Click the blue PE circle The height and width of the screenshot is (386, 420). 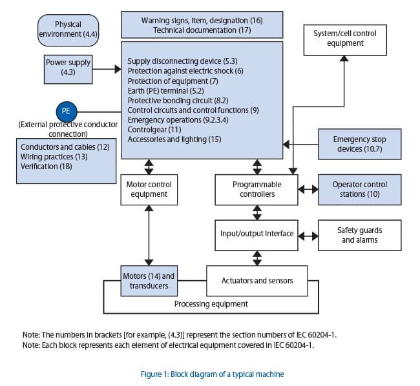coord(67,112)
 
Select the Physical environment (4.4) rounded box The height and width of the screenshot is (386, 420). coord(68,30)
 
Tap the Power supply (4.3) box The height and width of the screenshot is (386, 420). coord(68,69)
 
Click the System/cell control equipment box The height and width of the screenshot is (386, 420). coord(345,40)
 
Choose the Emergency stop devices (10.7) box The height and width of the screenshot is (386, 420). coord(359,144)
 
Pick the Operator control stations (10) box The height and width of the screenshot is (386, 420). coord(359,190)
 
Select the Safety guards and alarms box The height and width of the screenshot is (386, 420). coord(359,235)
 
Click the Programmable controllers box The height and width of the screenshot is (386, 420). coord(257,190)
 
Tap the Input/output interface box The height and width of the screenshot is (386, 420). coord(257,235)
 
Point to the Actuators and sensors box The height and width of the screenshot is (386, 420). coord(257,281)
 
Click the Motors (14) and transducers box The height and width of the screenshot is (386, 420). coord(149,281)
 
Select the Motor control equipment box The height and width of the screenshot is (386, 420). coord(149,190)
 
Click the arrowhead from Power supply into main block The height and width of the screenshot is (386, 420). coord(118,69)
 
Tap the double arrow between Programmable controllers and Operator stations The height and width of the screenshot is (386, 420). coord(308,190)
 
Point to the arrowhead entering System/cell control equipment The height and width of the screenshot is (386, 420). coord(344,59)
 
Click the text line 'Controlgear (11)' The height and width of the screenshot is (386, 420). coord(154,130)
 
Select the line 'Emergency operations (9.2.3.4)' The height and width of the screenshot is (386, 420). coord(178,120)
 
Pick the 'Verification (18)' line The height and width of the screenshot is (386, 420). coord(46,167)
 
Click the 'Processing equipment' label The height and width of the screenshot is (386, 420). coord(211,304)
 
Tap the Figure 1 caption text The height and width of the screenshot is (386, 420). coord(212,374)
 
